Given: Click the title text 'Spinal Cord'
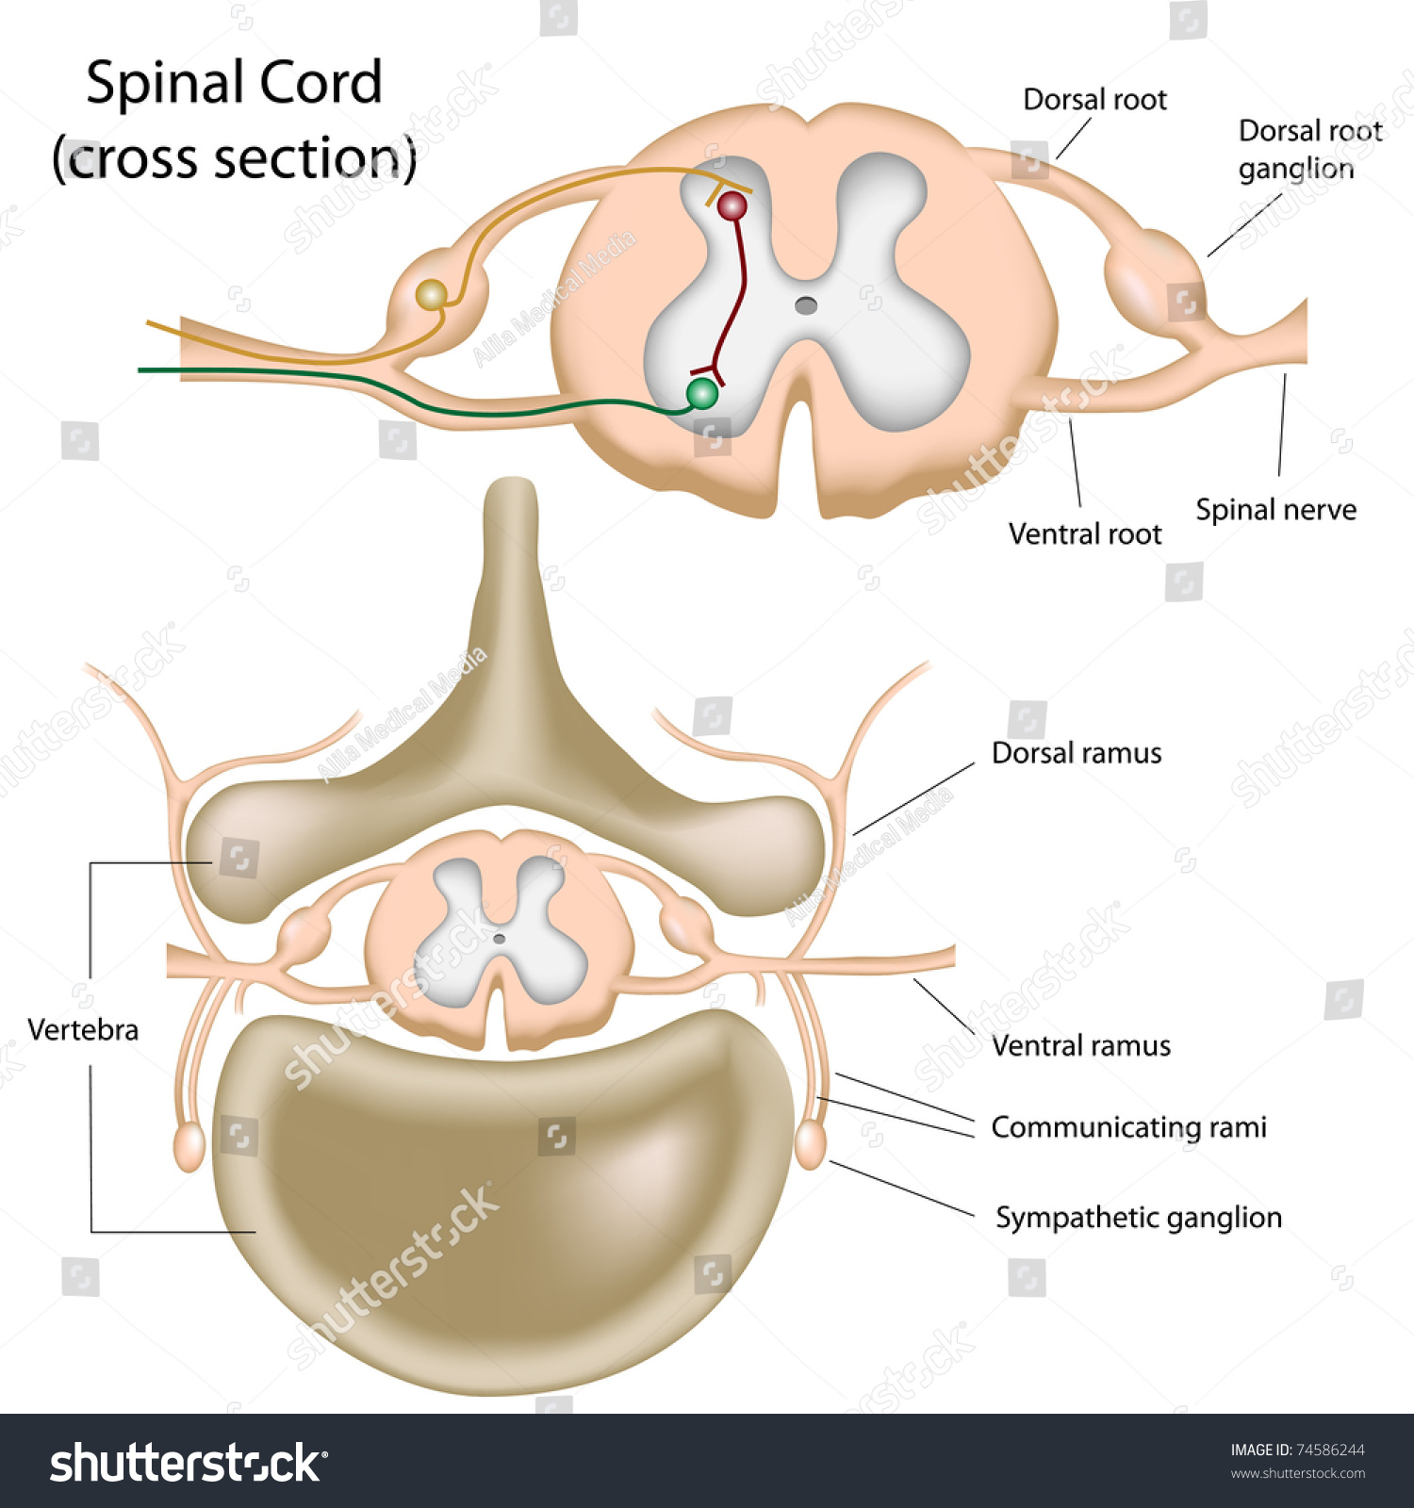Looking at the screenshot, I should coord(234,83).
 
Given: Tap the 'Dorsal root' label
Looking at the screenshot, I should coord(1094,99).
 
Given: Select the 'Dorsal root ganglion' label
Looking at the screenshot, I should coord(1309,149).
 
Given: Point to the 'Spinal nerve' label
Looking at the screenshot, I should coord(1275,510).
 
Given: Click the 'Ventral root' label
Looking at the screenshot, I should coord(1084,534).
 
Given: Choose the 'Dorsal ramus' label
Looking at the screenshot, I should coord(1076,753).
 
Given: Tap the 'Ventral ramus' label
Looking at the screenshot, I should coord(1080,1046).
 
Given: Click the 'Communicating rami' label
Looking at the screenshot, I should coord(1128,1127).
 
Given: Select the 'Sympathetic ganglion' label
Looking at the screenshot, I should coord(1138,1218).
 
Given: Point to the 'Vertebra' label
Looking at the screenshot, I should coord(83,1029).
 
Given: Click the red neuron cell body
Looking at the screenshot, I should coord(732,205).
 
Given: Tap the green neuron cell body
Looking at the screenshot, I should coord(701,393).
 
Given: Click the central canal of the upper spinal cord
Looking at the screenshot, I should coord(806,304).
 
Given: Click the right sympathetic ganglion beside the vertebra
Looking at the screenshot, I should coord(810,1144).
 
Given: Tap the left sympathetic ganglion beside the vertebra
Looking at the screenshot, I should coord(189,1146).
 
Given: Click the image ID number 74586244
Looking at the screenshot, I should coord(1331,1450).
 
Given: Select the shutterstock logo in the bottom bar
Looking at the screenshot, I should coord(188,1463).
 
